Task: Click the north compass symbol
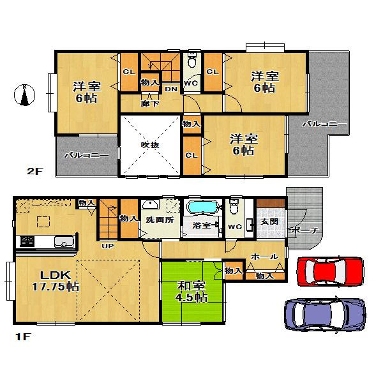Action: point(24,95)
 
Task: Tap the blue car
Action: point(324,313)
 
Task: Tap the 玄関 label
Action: point(269,221)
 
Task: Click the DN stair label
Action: point(170,89)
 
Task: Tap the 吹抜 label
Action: point(150,145)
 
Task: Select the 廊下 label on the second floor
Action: point(146,102)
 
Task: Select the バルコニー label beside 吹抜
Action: point(87,155)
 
